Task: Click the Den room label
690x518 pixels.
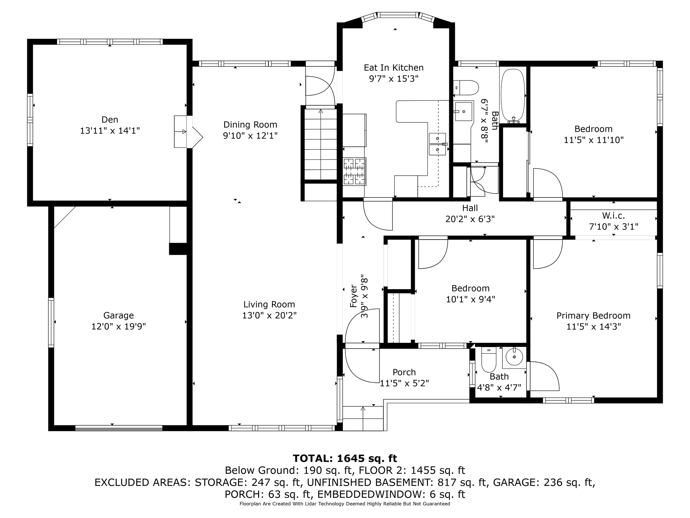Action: click(110, 119)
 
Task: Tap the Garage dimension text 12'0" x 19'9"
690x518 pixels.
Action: click(119, 327)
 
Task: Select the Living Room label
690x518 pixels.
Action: click(269, 304)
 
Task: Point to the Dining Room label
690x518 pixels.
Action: click(250, 125)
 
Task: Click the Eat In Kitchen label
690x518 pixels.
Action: click(394, 68)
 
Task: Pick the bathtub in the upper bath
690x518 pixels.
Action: click(513, 95)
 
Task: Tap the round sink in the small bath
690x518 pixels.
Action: click(514, 357)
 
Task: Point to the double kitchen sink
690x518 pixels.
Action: click(438, 144)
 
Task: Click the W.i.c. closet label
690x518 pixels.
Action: click(613, 216)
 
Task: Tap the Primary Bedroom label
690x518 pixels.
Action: click(593, 315)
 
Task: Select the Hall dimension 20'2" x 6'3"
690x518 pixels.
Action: click(470, 219)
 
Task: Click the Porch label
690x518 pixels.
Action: click(404, 372)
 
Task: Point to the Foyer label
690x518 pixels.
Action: click(354, 296)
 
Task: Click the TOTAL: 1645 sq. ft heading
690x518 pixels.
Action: click(345, 458)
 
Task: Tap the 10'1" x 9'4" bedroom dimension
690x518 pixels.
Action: click(470, 299)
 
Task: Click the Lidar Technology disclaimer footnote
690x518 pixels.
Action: click(345, 504)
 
